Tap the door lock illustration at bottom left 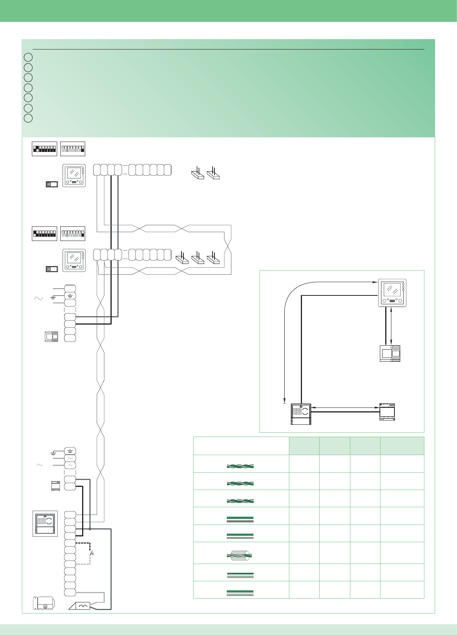click(x=44, y=603)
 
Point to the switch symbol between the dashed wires click(x=91, y=554)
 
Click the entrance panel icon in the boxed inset click(x=301, y=414)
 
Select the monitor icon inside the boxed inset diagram click(x=392, y=293)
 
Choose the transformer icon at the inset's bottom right click(x=387, y=412)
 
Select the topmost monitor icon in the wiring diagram click(x=74, y=176)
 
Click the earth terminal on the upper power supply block click(x=70, y=296)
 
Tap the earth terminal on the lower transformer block click(x=70, y=451)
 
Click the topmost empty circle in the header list click(x=28, y=57)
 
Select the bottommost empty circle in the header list click(x=28, y=118)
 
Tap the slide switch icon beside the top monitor click(x=51, y=184)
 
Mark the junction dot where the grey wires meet click(x=90, y=529)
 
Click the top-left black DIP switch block click(x=44, y=149)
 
